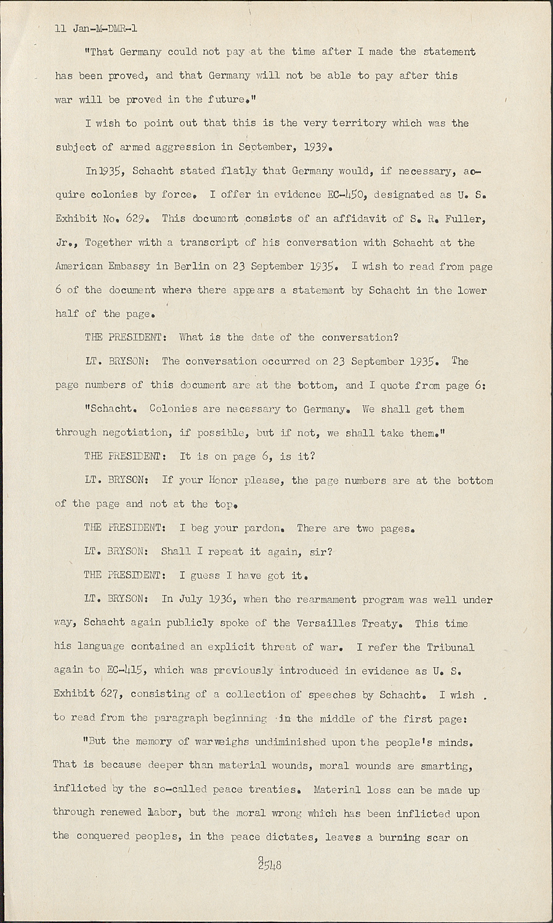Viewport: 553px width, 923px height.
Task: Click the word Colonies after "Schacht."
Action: tap(174, 409)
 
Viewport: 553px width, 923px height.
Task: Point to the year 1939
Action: tap(319, 147)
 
